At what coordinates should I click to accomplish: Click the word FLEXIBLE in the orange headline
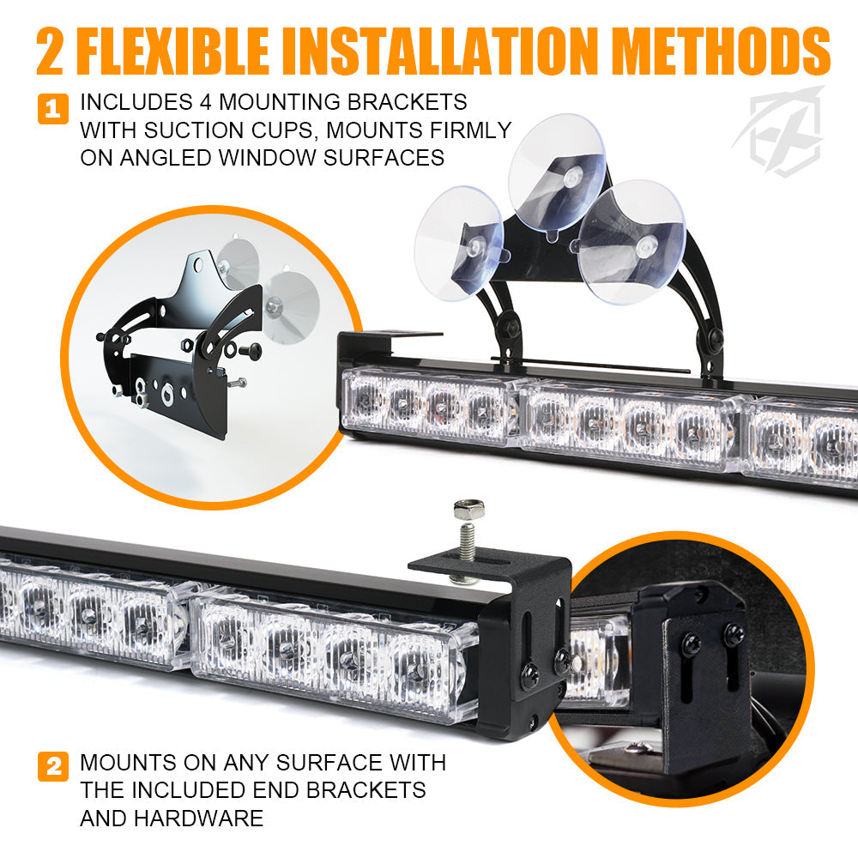[x=173, y=50]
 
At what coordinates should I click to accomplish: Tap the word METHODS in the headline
[x=722, y=50]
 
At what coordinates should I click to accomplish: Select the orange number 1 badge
[x=53, y=109]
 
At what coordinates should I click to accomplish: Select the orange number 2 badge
[x=53, y=766]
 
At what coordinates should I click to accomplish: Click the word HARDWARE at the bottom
[x=199, y=818]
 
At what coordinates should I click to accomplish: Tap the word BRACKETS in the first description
[x=407, y=102]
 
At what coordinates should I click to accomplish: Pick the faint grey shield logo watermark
[x=779, y=131]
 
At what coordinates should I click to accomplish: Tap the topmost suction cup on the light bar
[x=558, y=173]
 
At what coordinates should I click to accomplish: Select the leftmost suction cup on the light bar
[x=459, y=243]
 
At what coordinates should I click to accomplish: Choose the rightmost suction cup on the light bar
[x=632, y=241]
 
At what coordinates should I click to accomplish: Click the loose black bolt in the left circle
[x=250, y=349]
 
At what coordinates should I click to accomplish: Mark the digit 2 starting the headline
[x=51, y=51]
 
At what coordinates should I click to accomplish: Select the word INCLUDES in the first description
[x=136, y=102]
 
